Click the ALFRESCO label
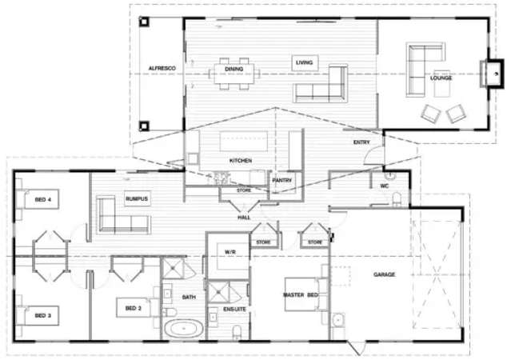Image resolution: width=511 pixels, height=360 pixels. [x=162, y=70]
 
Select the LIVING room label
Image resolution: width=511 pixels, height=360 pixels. [x=304, y=62]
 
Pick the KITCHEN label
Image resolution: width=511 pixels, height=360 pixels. [x=241, y=160]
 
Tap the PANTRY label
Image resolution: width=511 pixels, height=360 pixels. [x=282, y=180]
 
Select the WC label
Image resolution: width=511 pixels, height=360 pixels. [x=385, y=186]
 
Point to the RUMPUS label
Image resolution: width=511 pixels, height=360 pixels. [x=137, y=198]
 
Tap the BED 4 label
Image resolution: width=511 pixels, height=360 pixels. [x=43, y=198]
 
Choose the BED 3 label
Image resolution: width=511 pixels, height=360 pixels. [x=43, y=316]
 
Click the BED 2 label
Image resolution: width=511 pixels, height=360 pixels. [x=133, y=307]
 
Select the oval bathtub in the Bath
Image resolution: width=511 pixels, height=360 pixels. [x=183, y=328]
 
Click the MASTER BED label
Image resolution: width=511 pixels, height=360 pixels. [x=301, y=296]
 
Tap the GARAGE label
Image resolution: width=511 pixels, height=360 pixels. [x=385, y=274]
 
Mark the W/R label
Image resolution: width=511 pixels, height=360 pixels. [x=230, y=252]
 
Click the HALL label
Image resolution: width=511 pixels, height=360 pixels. [x=245, y=218]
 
